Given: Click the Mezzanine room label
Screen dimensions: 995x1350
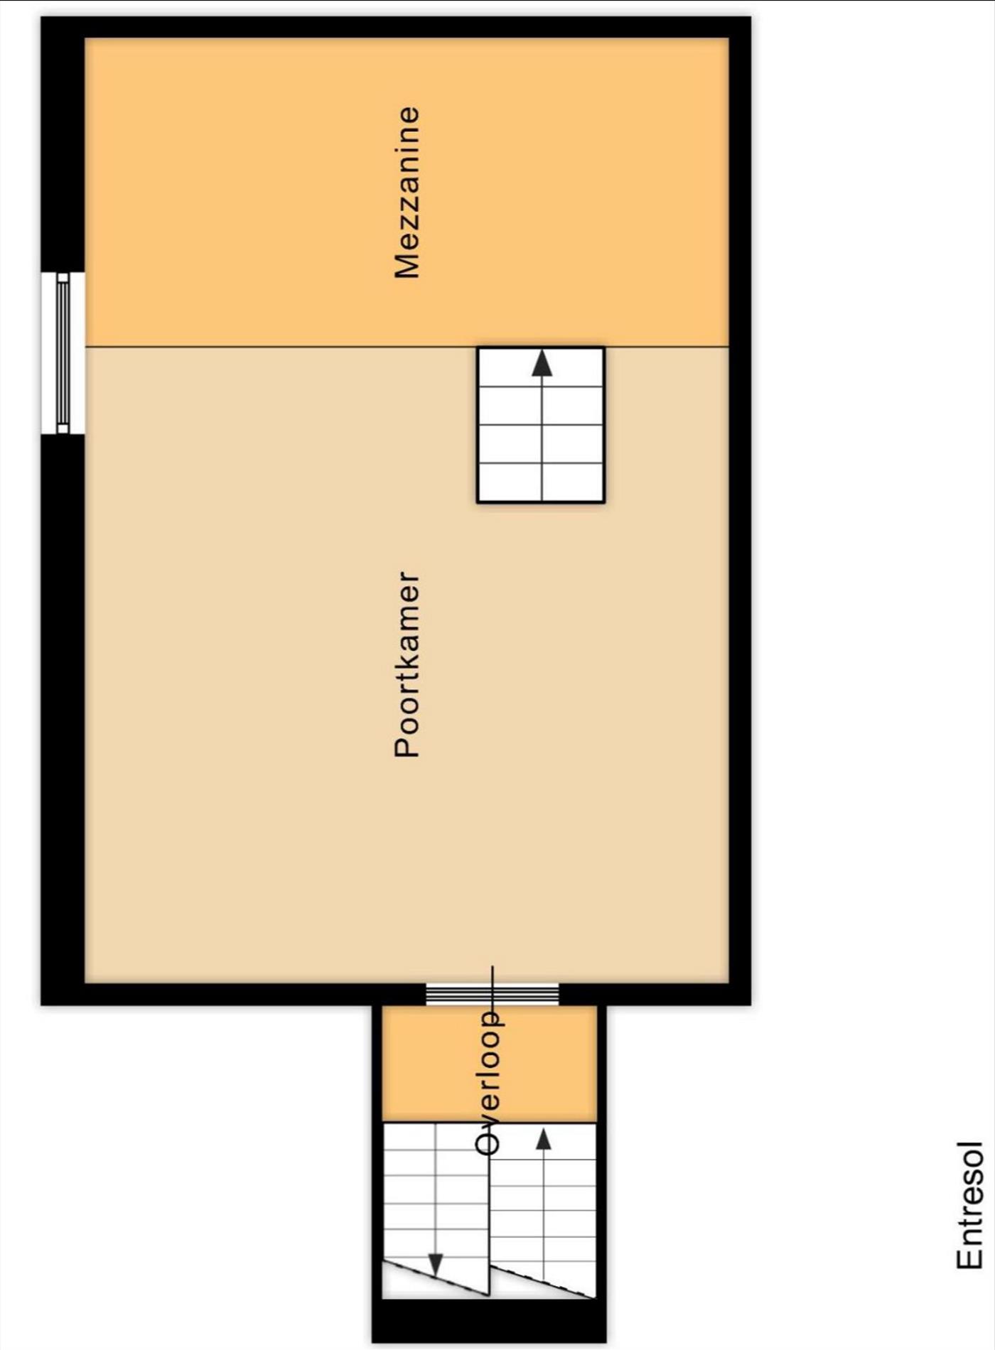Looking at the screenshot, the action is tap(408, 193).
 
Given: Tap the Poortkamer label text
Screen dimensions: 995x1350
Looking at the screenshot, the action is tap(408, 664).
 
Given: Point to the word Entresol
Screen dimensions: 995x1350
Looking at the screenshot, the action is tap(969, 1205).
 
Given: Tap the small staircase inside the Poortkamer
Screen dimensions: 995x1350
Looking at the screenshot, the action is tap(541, 425).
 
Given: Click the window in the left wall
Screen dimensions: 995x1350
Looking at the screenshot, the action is tap(63, 353).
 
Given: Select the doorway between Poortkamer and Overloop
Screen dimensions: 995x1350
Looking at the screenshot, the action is tap(493, 993).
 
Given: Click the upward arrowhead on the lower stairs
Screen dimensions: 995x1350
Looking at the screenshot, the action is tap(544, 1140).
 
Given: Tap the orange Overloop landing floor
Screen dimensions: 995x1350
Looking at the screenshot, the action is tap(490, 1064).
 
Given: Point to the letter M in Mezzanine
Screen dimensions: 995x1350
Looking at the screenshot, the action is tap(408, 265).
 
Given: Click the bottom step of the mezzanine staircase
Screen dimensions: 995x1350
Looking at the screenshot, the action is tap(541, 484).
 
